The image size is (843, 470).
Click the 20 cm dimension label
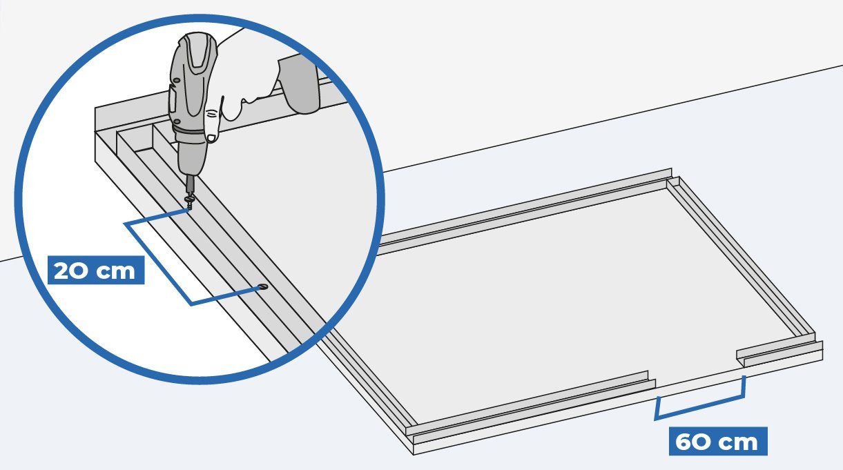tap(96, 270)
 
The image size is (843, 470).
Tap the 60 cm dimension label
tap(717, 441)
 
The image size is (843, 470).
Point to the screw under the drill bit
tap(190, 201)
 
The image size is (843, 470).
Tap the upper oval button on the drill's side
tap(175, 81)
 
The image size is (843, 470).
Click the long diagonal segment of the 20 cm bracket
tap(159, 264)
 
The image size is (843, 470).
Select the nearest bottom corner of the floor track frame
tap(414, 454)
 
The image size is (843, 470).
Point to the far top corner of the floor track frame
tap(671, 169)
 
